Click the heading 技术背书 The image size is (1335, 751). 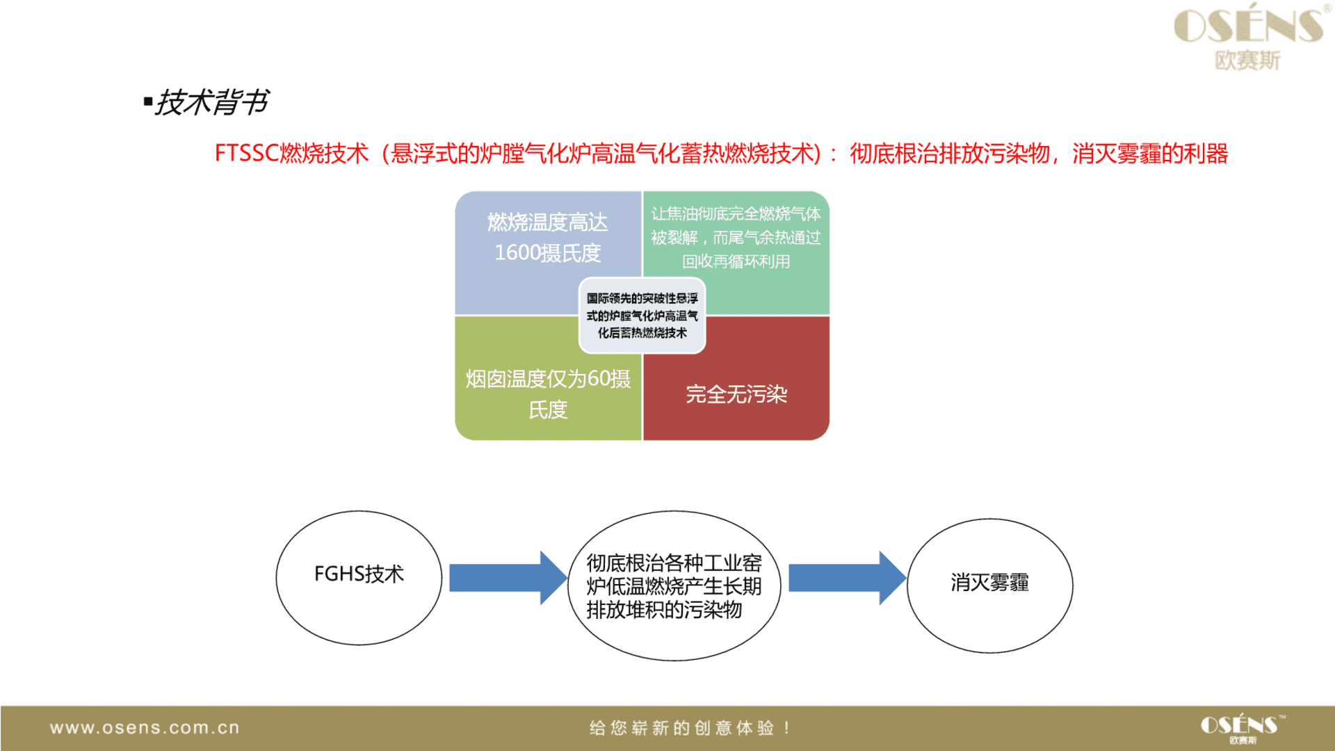pyautogui.click(x=211, y=102)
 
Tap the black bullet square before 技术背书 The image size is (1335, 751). pyautogui.click(x=147, y=102)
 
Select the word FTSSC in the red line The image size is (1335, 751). pyautogui.click(x=247, y=153)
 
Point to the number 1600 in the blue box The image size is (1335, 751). pyautogui.click(x=517, y=252)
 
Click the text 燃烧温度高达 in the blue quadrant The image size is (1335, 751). pyautogui.click(x=548, y=222)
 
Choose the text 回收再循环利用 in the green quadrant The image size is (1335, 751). pyautogui.click(x=736, y=261)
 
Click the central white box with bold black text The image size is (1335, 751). pyautogui.click(x=642, y=316)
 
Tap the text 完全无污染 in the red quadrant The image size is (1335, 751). pyautogui.click(x=736, y=394)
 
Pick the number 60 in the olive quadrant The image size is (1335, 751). pyautogui.click(x=599, y=378)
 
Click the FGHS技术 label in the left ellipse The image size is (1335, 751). pyautogui.click(x=359, y=574)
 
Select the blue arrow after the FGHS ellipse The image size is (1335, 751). pyautogui.click(x=508, y=578)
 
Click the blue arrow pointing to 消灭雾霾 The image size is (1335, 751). pyautogui.click(x=848, y=578)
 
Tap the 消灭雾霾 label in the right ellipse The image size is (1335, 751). pyautogui.click(x=989, y=583)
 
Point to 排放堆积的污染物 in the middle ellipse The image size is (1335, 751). pyautogui.click(x=664, y=610)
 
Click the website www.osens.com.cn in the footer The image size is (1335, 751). pyautogui.click(x=145, y=728)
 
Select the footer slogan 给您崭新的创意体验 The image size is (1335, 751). pyautogui.click(x=681, y=728)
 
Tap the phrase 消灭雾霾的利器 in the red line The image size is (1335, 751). pyautogui.click(x=1150, y=153)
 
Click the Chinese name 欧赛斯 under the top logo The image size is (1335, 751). pyautogui.click(x=1247, y=60)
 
